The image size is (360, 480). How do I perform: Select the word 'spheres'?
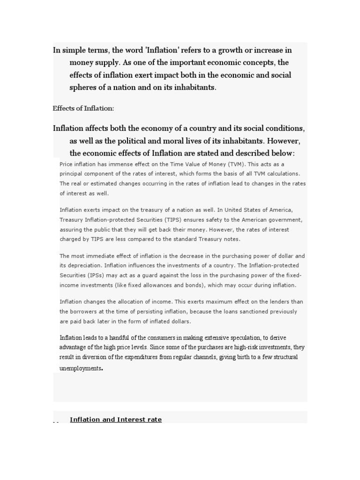83,87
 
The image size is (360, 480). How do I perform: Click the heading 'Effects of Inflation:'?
83,108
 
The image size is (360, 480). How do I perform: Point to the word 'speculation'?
245,337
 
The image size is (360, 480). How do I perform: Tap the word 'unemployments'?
80,368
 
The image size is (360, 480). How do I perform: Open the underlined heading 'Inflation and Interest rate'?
116,420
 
